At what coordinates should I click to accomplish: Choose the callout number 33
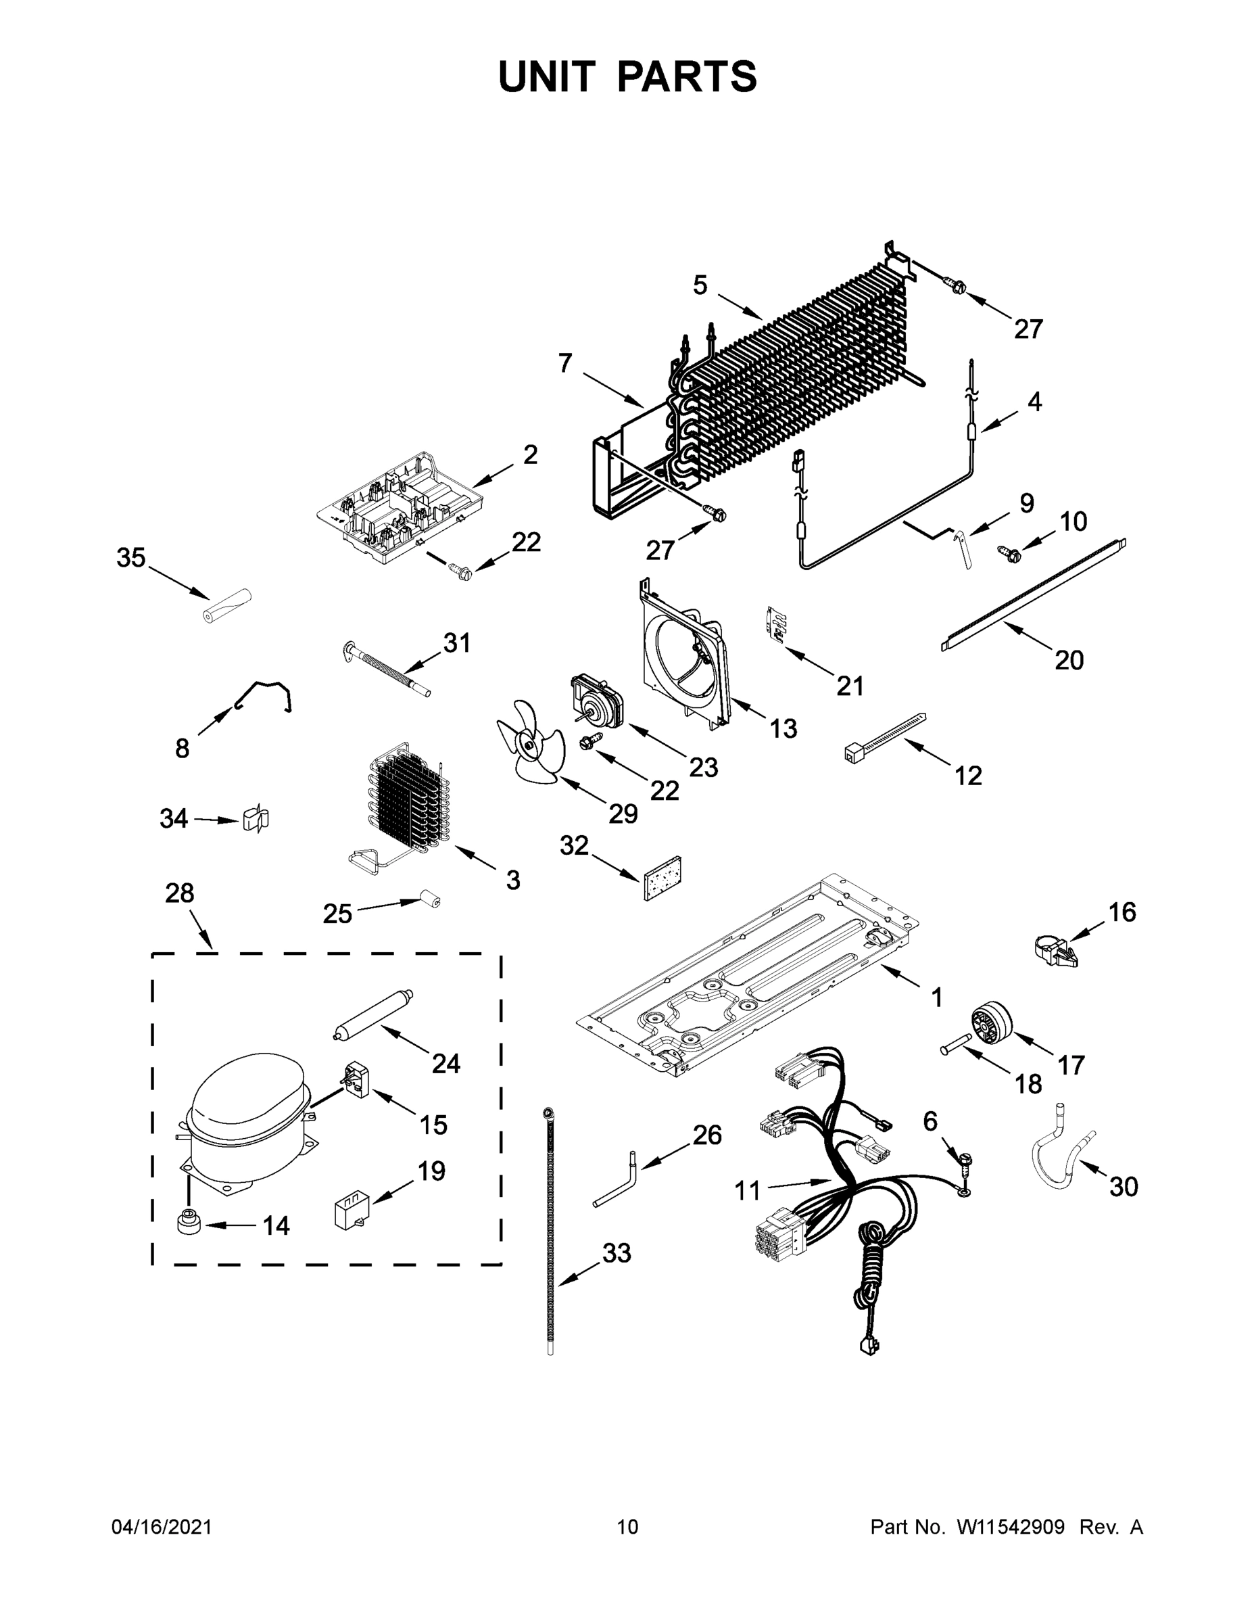[616, 1253]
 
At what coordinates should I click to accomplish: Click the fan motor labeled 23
[596, 701]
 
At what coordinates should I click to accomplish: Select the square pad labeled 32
[662, 878]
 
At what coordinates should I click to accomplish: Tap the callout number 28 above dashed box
[180, 893]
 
